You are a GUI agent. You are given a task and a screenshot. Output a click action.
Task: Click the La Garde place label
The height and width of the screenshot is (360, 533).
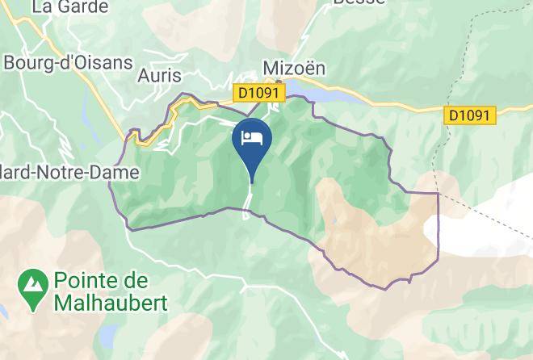click(x=69, y=7)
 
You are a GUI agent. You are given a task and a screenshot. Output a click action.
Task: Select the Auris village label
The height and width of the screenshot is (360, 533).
click(x=162, y=76)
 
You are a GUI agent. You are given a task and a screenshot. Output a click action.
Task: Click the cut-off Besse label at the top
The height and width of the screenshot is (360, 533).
click(x=359, y=3)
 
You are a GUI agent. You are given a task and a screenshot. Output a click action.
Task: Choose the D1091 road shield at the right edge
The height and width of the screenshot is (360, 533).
click(x=469, y=115)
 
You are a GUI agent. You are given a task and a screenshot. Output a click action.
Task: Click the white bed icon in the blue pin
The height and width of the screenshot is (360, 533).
click(x=252, y=136)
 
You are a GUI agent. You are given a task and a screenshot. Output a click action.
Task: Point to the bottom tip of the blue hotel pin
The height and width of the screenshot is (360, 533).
click(x=252, y=182)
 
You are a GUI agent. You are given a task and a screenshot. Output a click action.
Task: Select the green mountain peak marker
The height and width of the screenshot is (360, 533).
click(x=34, y=291)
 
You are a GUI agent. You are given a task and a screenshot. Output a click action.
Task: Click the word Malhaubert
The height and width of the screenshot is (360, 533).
click(x=111, y=303)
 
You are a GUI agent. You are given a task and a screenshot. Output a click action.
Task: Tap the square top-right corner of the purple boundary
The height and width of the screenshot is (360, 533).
click(x=438, y=194)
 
